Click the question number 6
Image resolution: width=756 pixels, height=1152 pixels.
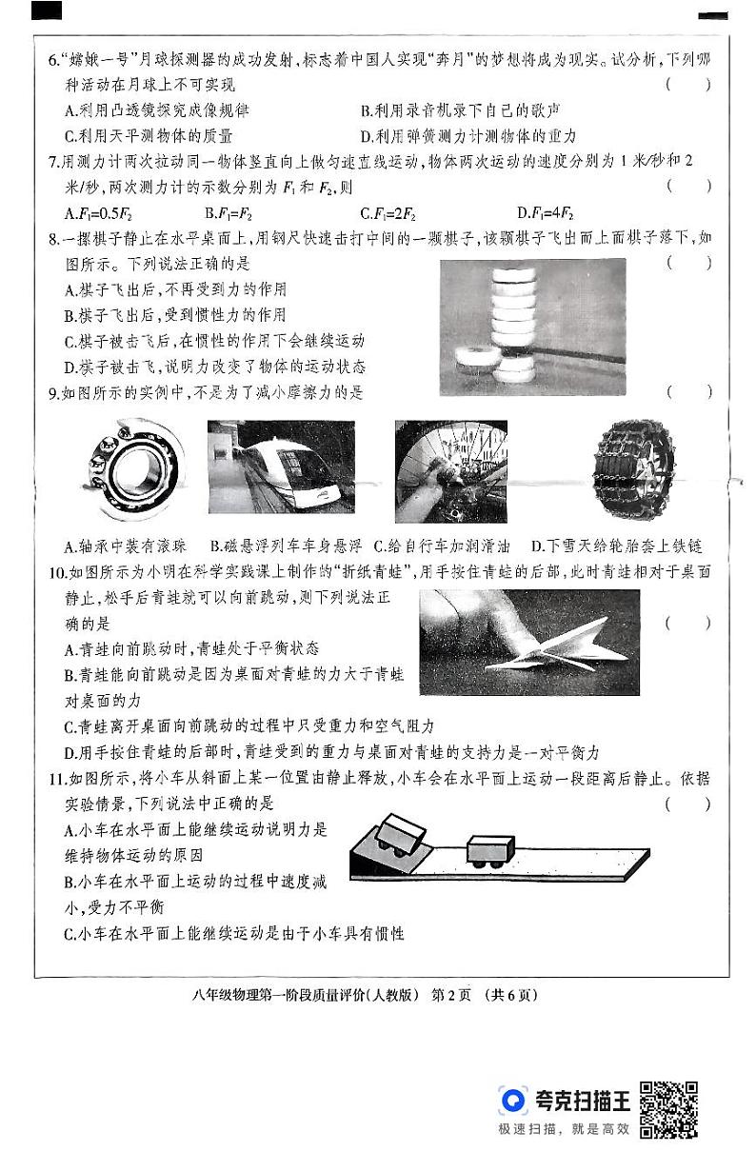click(53, 59)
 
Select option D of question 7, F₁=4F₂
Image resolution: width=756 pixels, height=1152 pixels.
click(545, 213)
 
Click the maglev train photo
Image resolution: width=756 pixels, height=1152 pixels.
click(281, 467)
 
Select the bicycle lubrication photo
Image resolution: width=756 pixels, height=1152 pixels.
click(450, 467)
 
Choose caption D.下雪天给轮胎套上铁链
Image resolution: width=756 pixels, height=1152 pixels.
click(616, 546)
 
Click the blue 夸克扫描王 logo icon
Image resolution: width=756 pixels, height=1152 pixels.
click(513, 1101)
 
